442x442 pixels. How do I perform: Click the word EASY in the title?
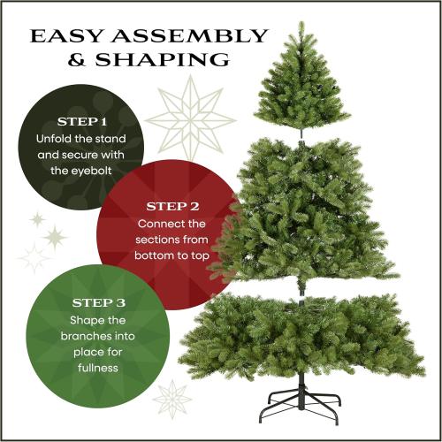coord(66,36)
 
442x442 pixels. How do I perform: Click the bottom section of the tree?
coord(301,336)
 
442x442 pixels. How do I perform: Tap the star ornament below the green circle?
coord(171,398)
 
